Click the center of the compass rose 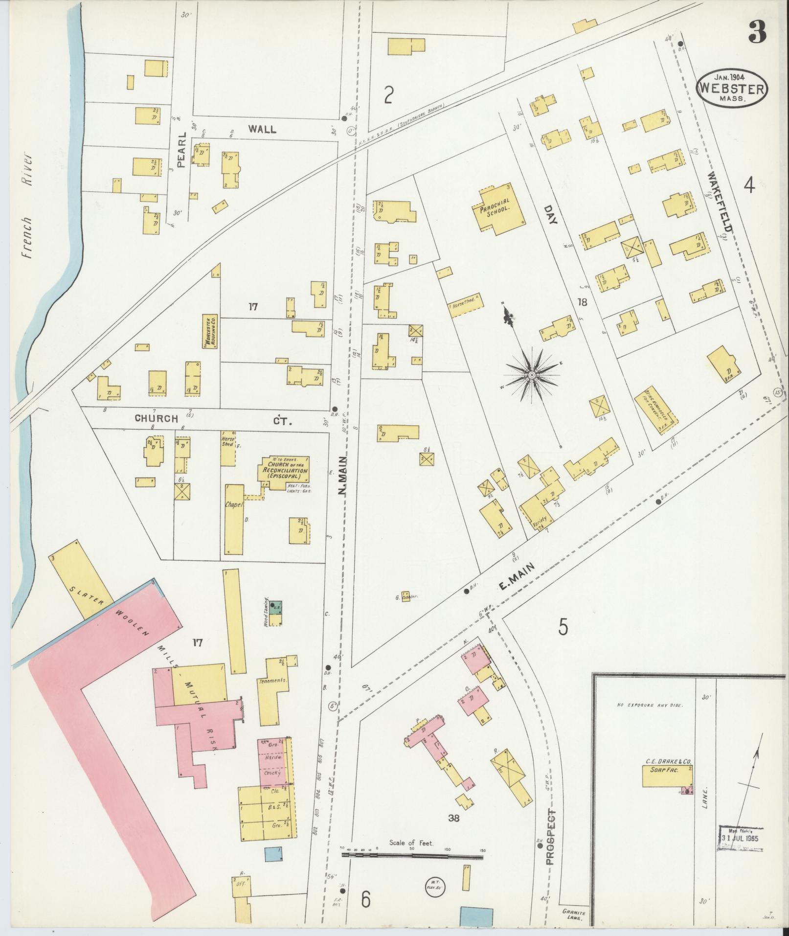532,375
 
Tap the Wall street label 261,129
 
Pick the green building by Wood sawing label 277,608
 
